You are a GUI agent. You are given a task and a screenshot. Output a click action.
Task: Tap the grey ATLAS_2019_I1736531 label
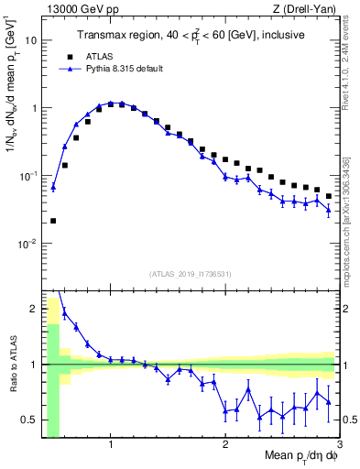tap(191, 274)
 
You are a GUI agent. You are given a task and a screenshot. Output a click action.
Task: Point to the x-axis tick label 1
tap(111, 445)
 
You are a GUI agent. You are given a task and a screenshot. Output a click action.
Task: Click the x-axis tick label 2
tap(225, 445)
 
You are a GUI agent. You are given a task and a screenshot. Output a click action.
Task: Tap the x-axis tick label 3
tap(339, 445)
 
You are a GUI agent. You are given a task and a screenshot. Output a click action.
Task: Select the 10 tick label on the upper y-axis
tap(30, 41)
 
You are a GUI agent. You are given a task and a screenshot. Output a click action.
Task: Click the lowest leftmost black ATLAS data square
tap(53, 221)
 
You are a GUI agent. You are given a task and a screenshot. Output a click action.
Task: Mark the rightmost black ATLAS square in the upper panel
tap(329, 196)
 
